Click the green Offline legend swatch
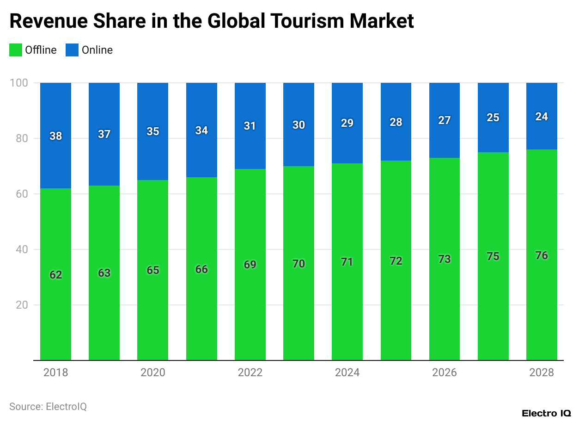click(x=15, y=50)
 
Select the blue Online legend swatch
click(x=72, y=50)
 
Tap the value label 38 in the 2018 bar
click(x=55, y=136)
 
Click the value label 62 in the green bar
click(x=55, y=275)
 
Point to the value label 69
click(x=250, y=265)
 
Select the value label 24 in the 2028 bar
click(x=542, y=117)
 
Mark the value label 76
click(x=542, y=255)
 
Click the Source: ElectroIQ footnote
click(x=48, y=407)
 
